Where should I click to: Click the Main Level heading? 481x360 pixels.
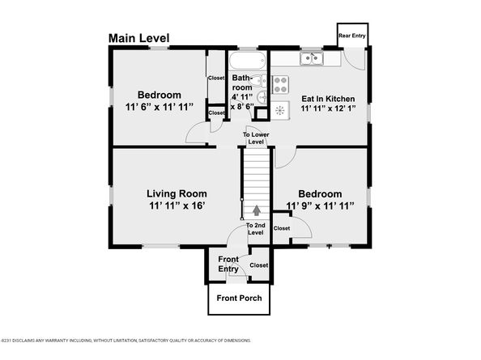tap(139, 38)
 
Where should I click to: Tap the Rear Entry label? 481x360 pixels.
tap(352, 36)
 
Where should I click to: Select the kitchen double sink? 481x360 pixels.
tap(312, 58)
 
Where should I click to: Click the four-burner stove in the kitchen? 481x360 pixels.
tap(281, 85)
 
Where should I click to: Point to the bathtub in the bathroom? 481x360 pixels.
tap(247, 61)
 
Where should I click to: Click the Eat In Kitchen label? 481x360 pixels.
tap(328, 99)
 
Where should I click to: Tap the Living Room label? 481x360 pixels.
tap(177, 193)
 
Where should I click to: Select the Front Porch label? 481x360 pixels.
tap(239, 298)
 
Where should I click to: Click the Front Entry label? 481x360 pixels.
tap(228, 264)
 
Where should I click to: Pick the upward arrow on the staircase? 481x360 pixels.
tap(257, 210)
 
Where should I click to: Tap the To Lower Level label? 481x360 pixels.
tap(256, 138)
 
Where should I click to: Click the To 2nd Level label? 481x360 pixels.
tap(256, 229)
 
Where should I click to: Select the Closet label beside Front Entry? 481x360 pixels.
tap(258, 265)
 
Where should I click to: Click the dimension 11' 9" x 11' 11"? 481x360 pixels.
tap(320, 206)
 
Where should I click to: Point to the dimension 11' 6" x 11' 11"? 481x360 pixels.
tap(160, 108)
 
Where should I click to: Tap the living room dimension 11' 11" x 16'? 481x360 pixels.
tap(177, 205)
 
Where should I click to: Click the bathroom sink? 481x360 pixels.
tap(262, 97)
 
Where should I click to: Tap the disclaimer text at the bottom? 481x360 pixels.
tap(126, 341)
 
